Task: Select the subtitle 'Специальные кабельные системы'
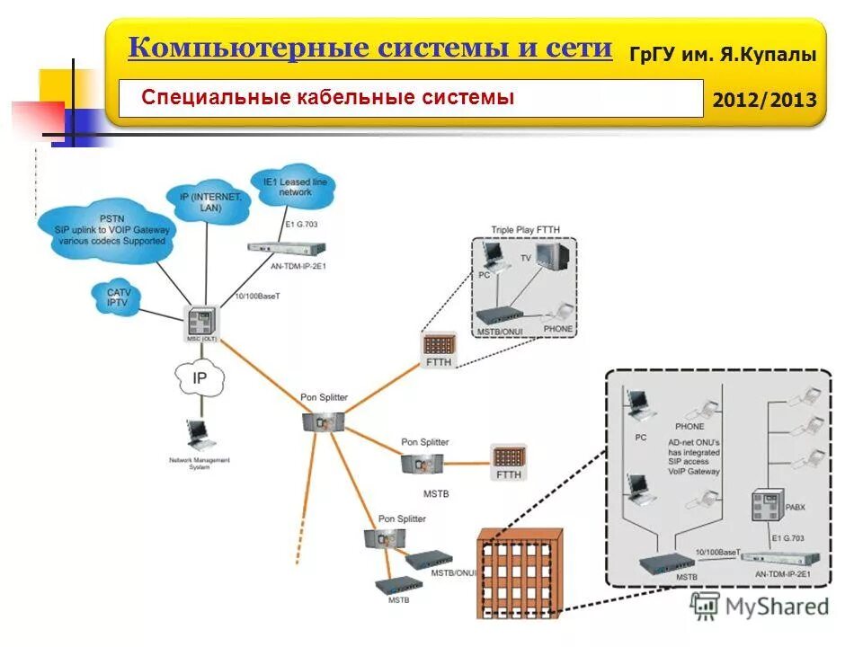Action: click(328, 97)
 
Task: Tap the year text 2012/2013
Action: click(764, 100)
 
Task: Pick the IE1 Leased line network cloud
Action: click(294, 186)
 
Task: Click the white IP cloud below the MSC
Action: click(199, 377)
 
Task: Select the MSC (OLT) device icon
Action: click(201, 321)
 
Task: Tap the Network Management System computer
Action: click(197, 437)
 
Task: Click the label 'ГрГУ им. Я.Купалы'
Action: click(723, 55)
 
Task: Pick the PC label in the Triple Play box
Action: click(484, 275)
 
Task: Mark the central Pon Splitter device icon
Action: click(324, 420)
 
